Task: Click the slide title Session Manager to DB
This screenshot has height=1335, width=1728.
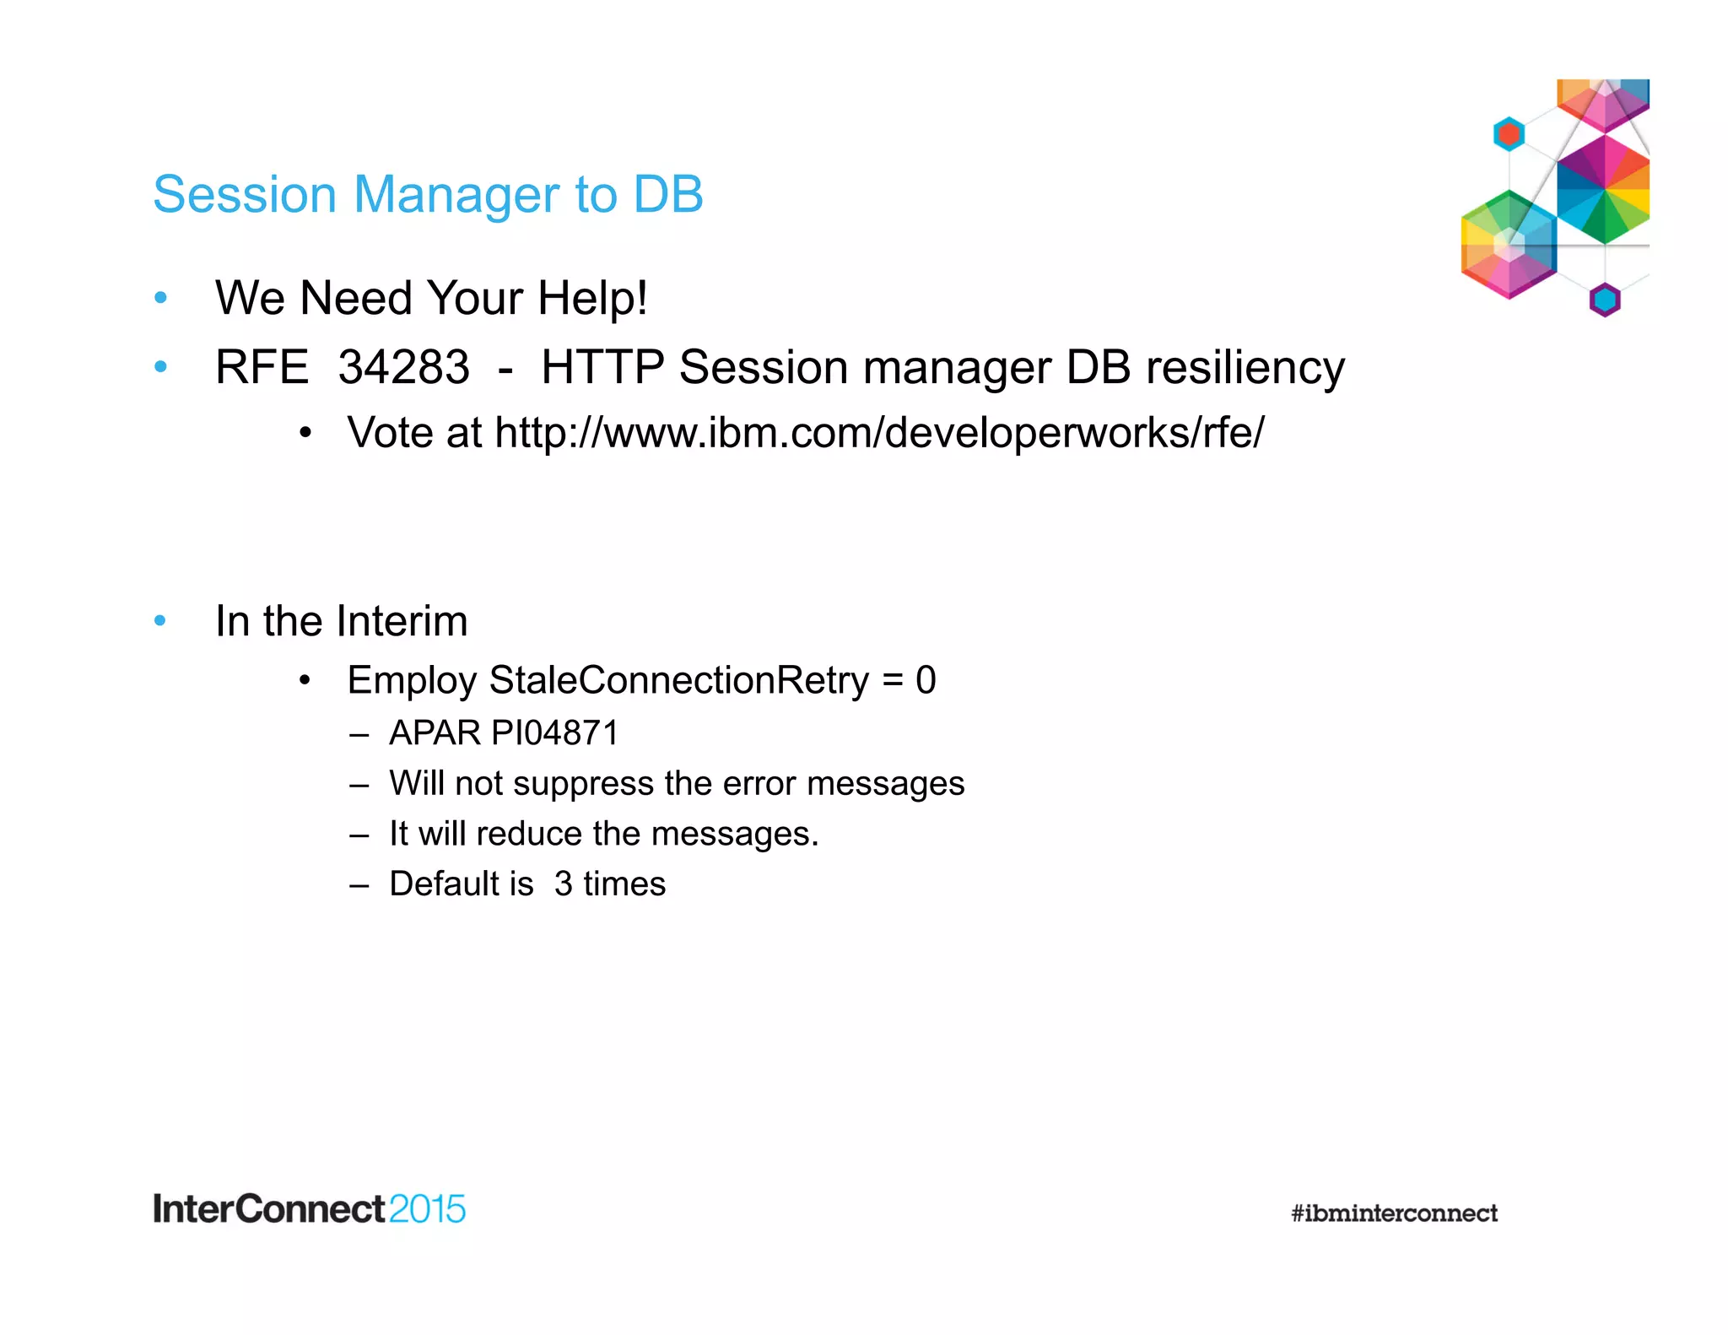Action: pyautogui.click(x=428, y=194)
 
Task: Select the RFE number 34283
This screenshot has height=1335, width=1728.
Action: pyautogui.click(x=403, y=367)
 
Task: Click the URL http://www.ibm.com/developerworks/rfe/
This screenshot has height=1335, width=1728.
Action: pyautogui.click(x=879, y=433)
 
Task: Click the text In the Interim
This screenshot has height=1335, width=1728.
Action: pyautogui.click(x=341, y=621)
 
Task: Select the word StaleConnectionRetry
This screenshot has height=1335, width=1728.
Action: pyautogui.click(x=678, y=680)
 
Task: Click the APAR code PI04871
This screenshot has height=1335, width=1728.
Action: pyautogui.click(x=554, y=732)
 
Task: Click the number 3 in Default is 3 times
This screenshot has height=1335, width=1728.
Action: pyautogui.click(x=564, y=884)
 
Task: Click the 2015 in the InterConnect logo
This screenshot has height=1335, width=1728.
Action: pyautogui.click(x=427, y=1209)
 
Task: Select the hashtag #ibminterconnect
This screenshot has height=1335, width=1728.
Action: pyautogui.click(x=1394, y=1213)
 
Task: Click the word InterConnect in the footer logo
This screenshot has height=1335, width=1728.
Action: pyautogui.click(x=269, y=1209)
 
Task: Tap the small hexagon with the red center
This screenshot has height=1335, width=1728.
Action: pyautogui.click(x=1509, y=134)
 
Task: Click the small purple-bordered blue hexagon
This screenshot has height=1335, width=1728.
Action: pyautogui.click(x=1605, y=300)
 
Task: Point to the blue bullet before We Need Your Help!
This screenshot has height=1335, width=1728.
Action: pyautogui.click(x=160, y=297)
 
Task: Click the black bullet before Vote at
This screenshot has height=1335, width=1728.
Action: pyautogui.click(x=305, y=434)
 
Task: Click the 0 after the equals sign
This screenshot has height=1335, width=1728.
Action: pyautogui.click(x=926, y=680)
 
